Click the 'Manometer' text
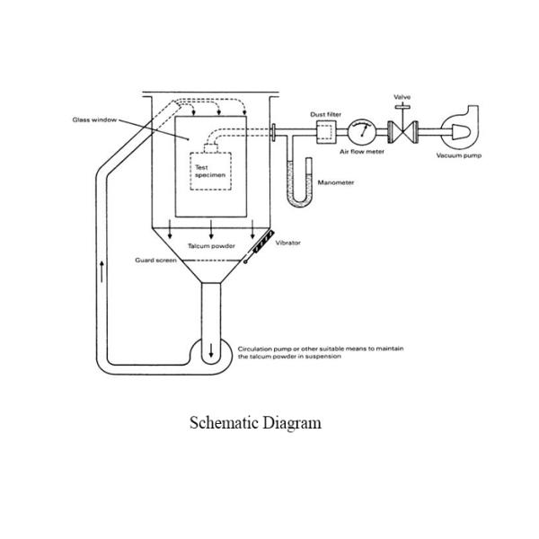(x=336, y=182)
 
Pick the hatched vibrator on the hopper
(x=258, y=245)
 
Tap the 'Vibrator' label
(x=287, y=243)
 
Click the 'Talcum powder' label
(x=211, y=244)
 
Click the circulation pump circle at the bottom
(x=212, y=349)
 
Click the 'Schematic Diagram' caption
(x=255, y=422)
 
